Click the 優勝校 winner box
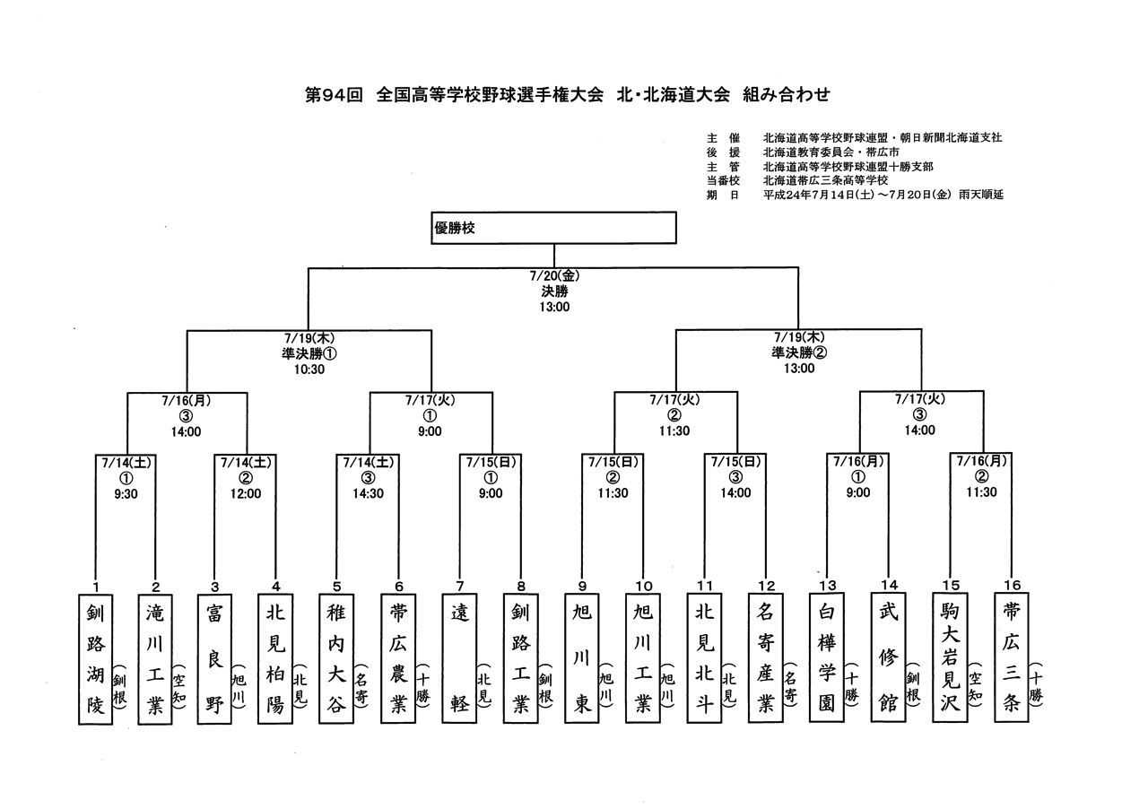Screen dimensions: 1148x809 coord(553,228)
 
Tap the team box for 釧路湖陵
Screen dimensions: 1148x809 coord(95,659)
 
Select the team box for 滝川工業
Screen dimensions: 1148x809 coord(155,659)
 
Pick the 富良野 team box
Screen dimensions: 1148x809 coord(214,659)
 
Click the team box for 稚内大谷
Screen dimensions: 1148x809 coord(336,659)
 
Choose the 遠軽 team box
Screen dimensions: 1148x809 coord(459,659)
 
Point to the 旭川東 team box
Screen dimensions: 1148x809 coord(582,658)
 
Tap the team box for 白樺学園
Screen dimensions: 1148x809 coord(827,657)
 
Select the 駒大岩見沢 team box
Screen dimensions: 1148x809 coord(950,657)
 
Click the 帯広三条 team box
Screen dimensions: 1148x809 coord(1011,657)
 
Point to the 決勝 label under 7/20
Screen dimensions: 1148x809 coord(554,291)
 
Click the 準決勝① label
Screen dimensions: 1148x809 coord(309,353)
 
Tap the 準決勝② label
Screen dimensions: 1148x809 coord(799,352)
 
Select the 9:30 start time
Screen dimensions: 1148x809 coord(126,493)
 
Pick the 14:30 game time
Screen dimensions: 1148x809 coord(368,493)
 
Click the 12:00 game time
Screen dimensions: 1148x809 coord(246,493)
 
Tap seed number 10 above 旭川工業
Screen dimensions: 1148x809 coord(644,586)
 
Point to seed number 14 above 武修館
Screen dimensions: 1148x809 coord(889,585)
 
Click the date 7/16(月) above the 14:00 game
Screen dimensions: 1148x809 coord(186,400)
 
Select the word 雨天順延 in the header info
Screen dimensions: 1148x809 coord(981,195)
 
